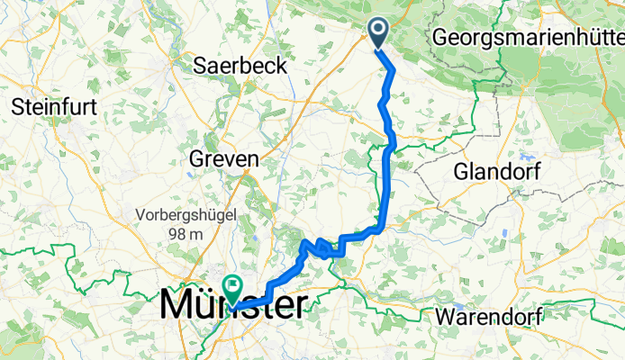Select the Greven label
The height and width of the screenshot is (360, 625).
click(224, 158)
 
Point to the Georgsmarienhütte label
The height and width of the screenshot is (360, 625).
click(528, 38)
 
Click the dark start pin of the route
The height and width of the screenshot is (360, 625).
click(378, 32)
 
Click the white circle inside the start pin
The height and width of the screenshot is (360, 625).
click(378, 29)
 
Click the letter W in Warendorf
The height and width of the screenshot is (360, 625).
click(444, 318)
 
